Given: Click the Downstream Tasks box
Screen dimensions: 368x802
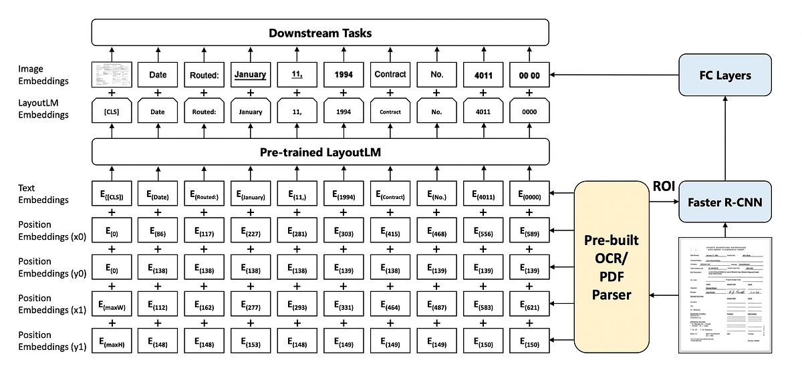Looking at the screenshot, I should [319, 33].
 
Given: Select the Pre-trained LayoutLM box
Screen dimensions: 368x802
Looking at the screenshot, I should [319, 152].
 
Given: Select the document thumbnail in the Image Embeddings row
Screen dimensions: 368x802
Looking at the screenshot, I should [111, 75].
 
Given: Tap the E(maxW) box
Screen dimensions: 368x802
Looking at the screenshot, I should [111, 307].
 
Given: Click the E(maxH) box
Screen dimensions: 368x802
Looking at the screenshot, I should [111, 343].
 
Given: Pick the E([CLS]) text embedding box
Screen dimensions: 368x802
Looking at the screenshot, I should [111, 196].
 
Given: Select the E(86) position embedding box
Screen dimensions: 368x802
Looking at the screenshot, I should [158, 233].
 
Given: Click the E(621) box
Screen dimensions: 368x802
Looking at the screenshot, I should [530, 307].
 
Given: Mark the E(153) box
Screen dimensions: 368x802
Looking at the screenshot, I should [251, 343].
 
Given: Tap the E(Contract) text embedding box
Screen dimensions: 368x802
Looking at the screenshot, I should [390, 196].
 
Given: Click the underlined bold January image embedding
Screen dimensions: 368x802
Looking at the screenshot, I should [251, 75].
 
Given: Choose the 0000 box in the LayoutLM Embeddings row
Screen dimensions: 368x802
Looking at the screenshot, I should [530, 112].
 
